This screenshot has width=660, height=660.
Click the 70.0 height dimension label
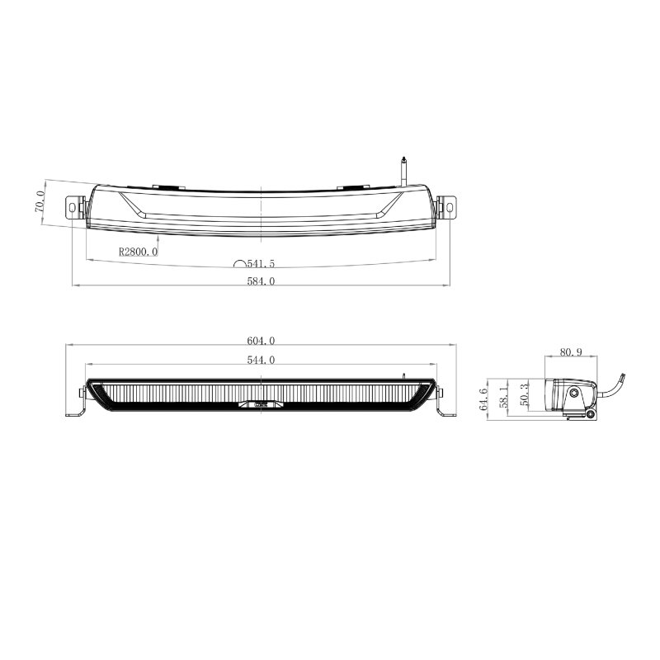coord(40,201)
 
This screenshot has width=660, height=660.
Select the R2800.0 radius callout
coord(138,252)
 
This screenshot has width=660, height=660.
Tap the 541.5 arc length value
coord(261,264)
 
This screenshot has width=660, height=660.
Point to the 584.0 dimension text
coord(261,281)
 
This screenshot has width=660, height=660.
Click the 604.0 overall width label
coord(261,341)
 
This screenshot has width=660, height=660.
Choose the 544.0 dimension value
coord(261,360)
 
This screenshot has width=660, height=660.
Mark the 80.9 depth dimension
coord(571,352)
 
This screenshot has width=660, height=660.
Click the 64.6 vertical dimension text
coord(483,399)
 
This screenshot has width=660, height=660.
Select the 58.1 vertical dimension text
coord(503,397)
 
